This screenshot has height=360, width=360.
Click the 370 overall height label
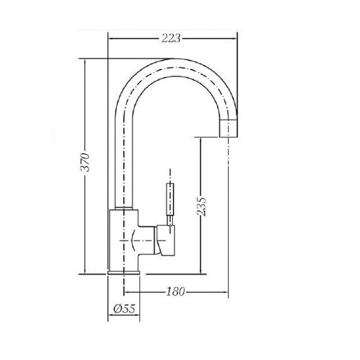point(86,163)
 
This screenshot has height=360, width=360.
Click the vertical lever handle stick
point(170,198)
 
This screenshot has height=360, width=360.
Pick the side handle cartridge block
point(166,241)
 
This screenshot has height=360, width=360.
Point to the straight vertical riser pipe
point(124,156)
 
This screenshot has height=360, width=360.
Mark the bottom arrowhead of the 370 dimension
point(86,271)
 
